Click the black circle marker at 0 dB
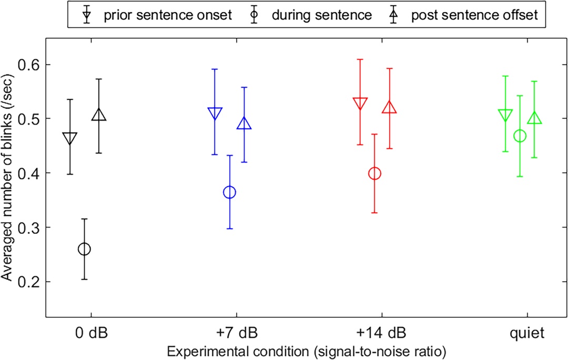click(x=84, y=249)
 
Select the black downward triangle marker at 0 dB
click(x=70, y=138)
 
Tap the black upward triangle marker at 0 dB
click(x=99, y=116)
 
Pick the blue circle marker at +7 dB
click(x=229, y=192)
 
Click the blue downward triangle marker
click(x=215, y=113)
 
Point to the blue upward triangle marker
click(x=244, y=124)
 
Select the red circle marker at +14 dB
click(x=374, y=173)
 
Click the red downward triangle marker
click(x=360, y=103)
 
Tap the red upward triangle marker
click(x=389, y=108)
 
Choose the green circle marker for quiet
click(x=520, y=136)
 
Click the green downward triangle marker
click(x=505, y=115)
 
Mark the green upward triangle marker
click(x=534, y=119)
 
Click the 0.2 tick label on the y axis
click(x=32, y=282)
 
